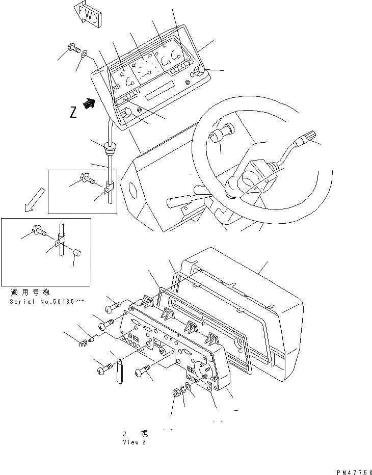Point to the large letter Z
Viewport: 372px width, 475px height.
click(x=73, y=113)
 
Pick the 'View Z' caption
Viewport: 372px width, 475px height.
click(x=135, y=442)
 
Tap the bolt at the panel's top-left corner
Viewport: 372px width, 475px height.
click(x=72, y=49)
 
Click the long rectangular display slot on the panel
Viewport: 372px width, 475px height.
click(x=160, y=93)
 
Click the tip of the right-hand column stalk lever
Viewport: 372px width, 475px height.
click(x=310, y=137)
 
